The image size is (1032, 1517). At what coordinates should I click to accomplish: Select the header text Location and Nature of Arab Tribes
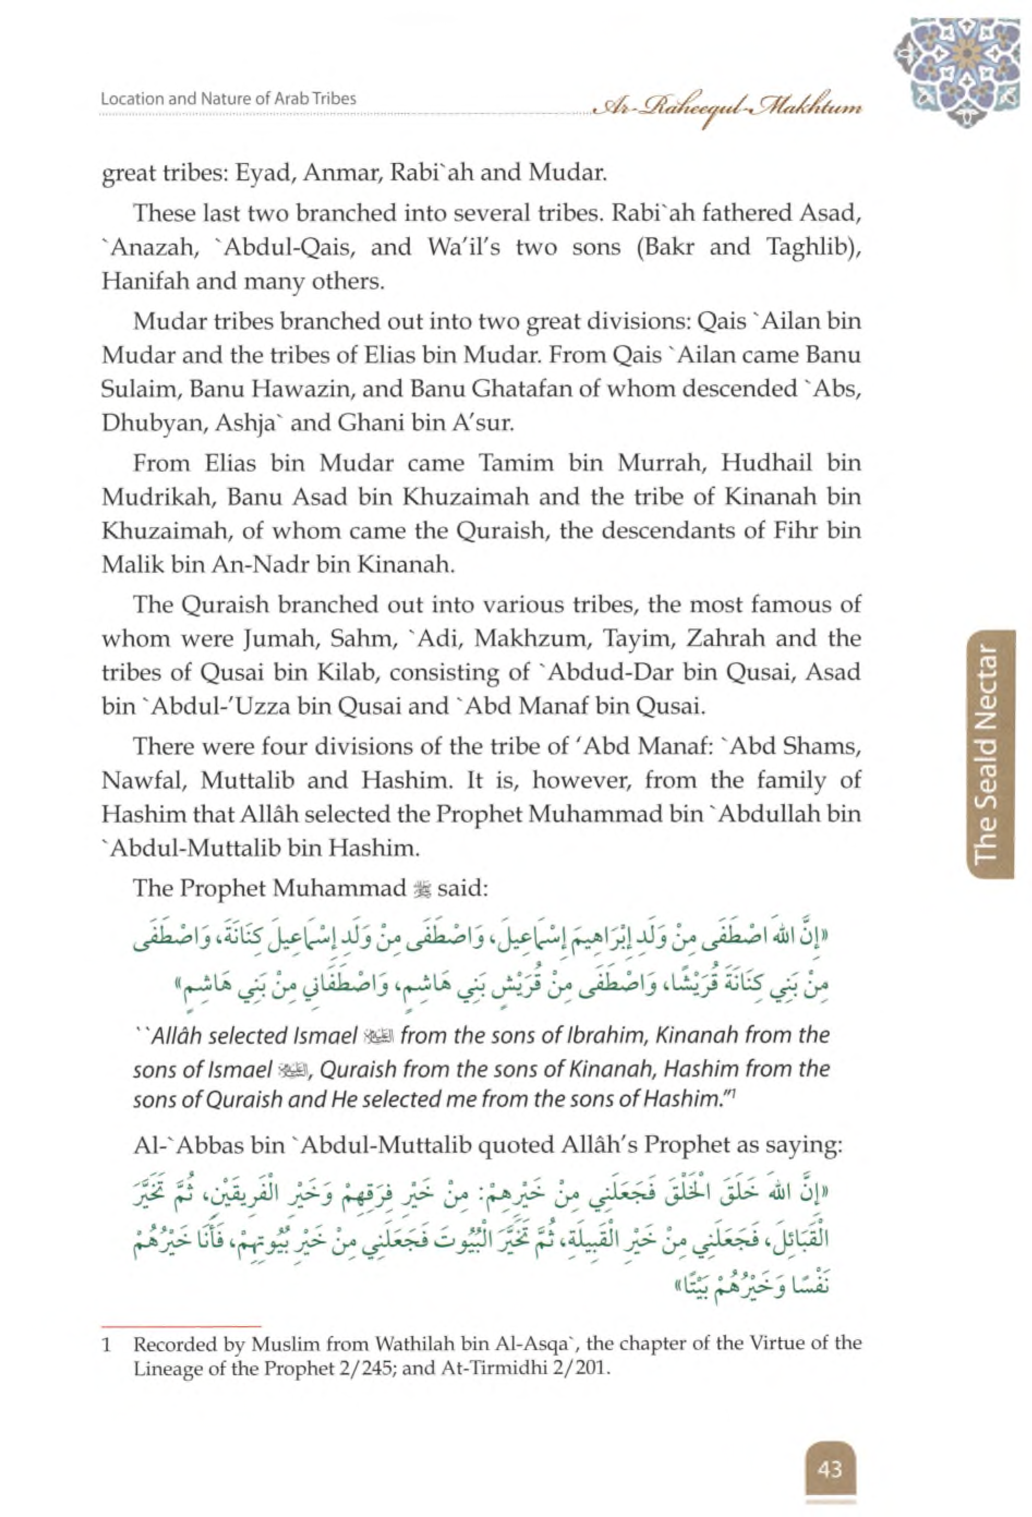coord(229,99)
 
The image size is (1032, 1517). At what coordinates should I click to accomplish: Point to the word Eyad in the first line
coord(259,173)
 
